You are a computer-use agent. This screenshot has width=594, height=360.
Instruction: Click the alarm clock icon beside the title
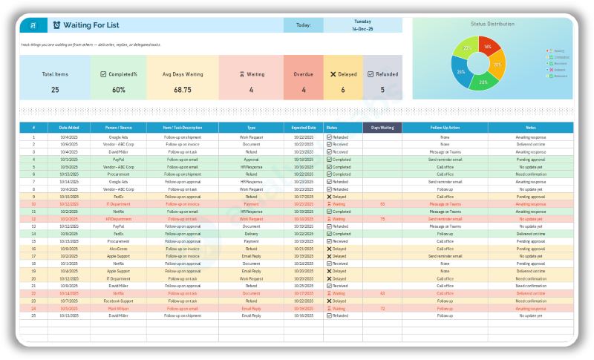coord(57,25)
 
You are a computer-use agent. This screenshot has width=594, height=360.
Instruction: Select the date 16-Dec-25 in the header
coord(362,28)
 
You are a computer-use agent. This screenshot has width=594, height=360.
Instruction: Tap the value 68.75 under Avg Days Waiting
coord(182,89)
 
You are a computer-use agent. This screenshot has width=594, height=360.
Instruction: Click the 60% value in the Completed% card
coord(119,89)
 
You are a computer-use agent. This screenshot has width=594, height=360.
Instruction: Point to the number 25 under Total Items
coord(55,89)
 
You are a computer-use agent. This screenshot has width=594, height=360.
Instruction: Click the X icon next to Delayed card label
coord(333,74)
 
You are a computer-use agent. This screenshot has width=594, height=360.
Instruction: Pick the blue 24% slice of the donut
coord(462,71)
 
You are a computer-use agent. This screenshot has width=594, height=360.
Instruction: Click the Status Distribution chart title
coord(492,24)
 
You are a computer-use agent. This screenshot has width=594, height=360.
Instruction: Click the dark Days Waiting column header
coord(382,127)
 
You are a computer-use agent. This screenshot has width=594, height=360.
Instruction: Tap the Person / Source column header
coord(118,127)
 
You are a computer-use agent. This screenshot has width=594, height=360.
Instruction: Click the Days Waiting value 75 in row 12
coord(382,219)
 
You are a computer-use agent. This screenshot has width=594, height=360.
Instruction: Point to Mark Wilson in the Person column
coord(118,307)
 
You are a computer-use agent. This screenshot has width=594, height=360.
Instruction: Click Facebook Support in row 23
coord(118,300)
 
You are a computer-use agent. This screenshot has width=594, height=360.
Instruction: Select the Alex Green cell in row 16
coord(118,249)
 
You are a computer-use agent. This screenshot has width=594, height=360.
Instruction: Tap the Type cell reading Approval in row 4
coord(251,160)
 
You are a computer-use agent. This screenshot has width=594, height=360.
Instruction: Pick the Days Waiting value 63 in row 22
coord(382,292)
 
